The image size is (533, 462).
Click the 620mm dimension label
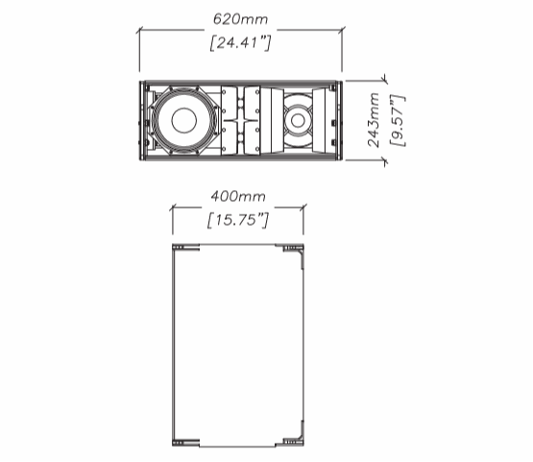pos(240,19)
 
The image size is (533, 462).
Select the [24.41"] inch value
pos(240,43)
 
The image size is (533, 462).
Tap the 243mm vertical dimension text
pos(374,119)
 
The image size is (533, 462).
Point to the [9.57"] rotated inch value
pos(398,121)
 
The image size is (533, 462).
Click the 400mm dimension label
pos(238,197)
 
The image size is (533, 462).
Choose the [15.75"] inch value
pos(238,220)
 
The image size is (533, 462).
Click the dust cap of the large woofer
pos(184,121)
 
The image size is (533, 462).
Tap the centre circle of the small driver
pos(298,120)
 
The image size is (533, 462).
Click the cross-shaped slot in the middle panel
pos(241,121)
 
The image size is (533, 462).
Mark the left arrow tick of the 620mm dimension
pos(139,31)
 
